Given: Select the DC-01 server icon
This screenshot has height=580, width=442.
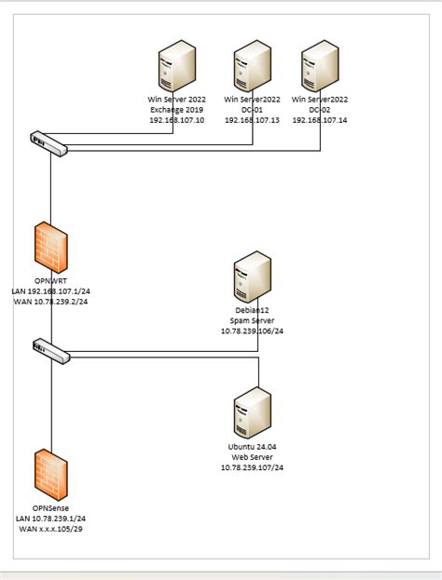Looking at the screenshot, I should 253,68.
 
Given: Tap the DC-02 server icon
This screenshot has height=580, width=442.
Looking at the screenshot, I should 320,68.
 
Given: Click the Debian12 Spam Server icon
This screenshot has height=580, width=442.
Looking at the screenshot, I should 252,277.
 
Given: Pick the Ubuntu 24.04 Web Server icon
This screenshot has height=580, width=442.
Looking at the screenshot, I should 252,411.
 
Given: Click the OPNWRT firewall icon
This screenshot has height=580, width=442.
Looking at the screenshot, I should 50,247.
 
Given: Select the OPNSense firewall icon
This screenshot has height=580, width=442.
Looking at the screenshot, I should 50,474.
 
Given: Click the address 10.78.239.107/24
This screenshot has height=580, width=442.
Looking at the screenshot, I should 252,467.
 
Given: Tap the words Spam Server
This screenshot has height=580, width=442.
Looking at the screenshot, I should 252,320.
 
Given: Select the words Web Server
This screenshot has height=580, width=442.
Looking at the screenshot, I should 252,456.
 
